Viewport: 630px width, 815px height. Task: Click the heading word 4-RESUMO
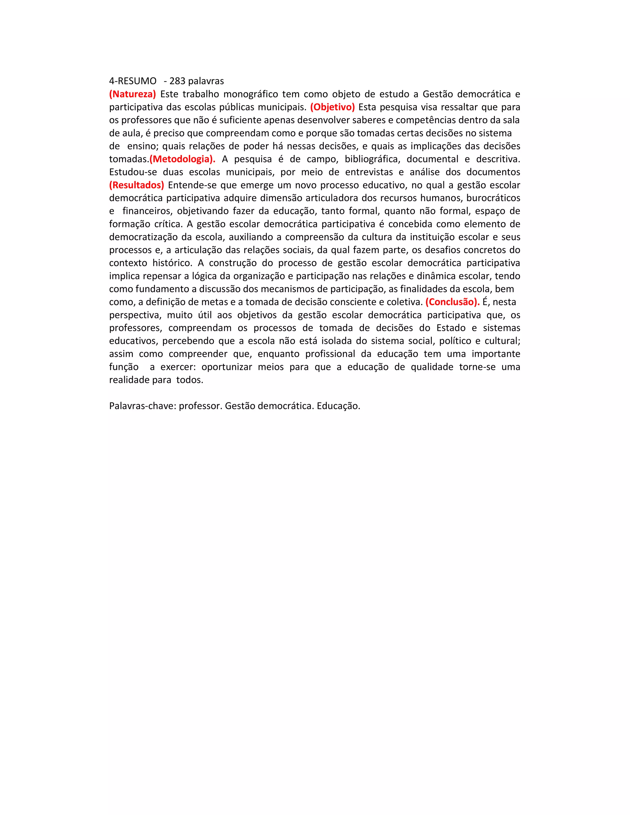tap(133, 81)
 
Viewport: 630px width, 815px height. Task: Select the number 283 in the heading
tap(177, 81)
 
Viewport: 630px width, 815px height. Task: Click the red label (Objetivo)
tap(332, 107)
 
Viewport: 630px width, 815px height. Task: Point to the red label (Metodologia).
tap(182, 159)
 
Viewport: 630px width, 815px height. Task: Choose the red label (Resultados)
tap(137, 185)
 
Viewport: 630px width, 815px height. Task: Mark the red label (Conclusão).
tap(452, 302)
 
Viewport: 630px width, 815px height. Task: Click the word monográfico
tap(250, 94)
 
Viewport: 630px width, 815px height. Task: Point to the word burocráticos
tap(493, 198)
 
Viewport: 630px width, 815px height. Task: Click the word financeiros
tap(147, 211)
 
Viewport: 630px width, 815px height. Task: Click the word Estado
tap(451, 328)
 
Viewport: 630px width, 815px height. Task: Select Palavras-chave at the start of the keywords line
tap(142, 406)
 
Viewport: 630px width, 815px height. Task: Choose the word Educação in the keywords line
tap(338, 406)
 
